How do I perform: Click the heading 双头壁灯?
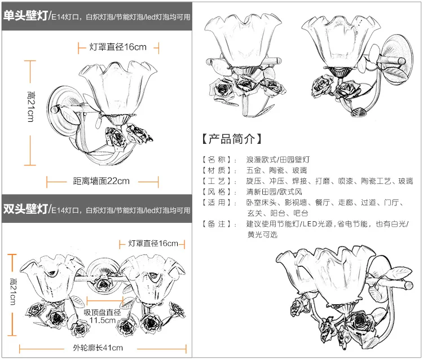point(25,209)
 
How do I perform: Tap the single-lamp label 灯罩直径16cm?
point(118,46)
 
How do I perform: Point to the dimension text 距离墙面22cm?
point(102,181)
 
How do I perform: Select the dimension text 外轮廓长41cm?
point(98,348)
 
